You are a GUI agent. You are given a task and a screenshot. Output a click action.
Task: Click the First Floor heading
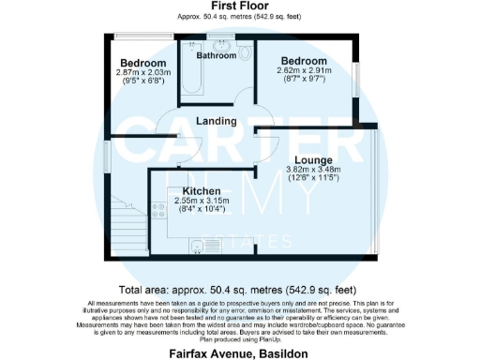coord(239,7)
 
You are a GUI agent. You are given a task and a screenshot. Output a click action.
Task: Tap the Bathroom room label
coord(217,55)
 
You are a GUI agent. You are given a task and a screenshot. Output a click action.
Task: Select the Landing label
coord(216,121)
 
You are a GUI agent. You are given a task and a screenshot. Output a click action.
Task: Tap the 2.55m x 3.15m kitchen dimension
coord(203,201)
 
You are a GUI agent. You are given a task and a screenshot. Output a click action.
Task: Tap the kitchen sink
coord(196,247)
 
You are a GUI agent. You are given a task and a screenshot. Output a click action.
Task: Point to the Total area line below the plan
coord(239,290)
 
